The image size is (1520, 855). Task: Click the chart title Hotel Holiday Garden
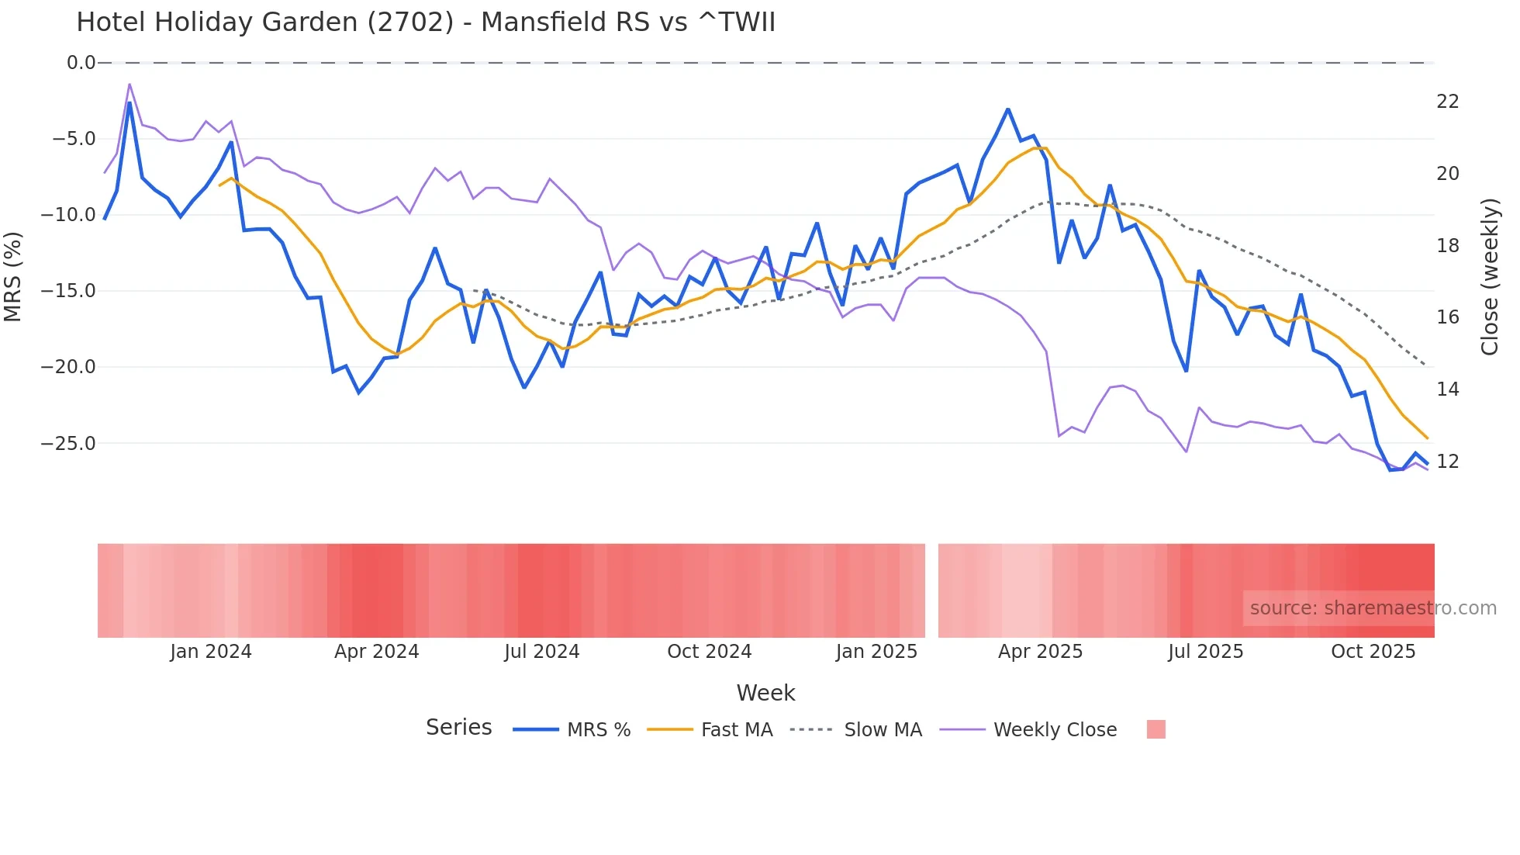(x=425, y=22)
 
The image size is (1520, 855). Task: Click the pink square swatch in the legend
(x=1156, y=729)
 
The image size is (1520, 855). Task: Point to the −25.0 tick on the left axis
(x=68, y=444)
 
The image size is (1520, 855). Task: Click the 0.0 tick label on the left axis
(x=81, y=63)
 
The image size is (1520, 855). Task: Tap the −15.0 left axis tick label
(x=68, y=291)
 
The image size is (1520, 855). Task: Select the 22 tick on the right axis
(x=1447, y=102)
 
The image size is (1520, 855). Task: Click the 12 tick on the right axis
(x=1447, y=462)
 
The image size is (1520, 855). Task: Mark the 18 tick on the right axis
(x=1447, y=246)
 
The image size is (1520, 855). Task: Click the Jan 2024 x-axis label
(x=211, y=652)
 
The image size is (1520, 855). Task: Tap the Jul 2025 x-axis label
(x=1205, y=652)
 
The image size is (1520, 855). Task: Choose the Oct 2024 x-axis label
(x=709, y=652)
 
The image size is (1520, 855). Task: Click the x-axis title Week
(x=765, y=693)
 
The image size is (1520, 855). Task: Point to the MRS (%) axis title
(x=13, y=276)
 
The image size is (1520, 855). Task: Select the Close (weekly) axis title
(x=1490, y=277)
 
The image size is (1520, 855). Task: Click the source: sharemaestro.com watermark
(x=1373, y=608)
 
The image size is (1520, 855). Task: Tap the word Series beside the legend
(x=458, y=728)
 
